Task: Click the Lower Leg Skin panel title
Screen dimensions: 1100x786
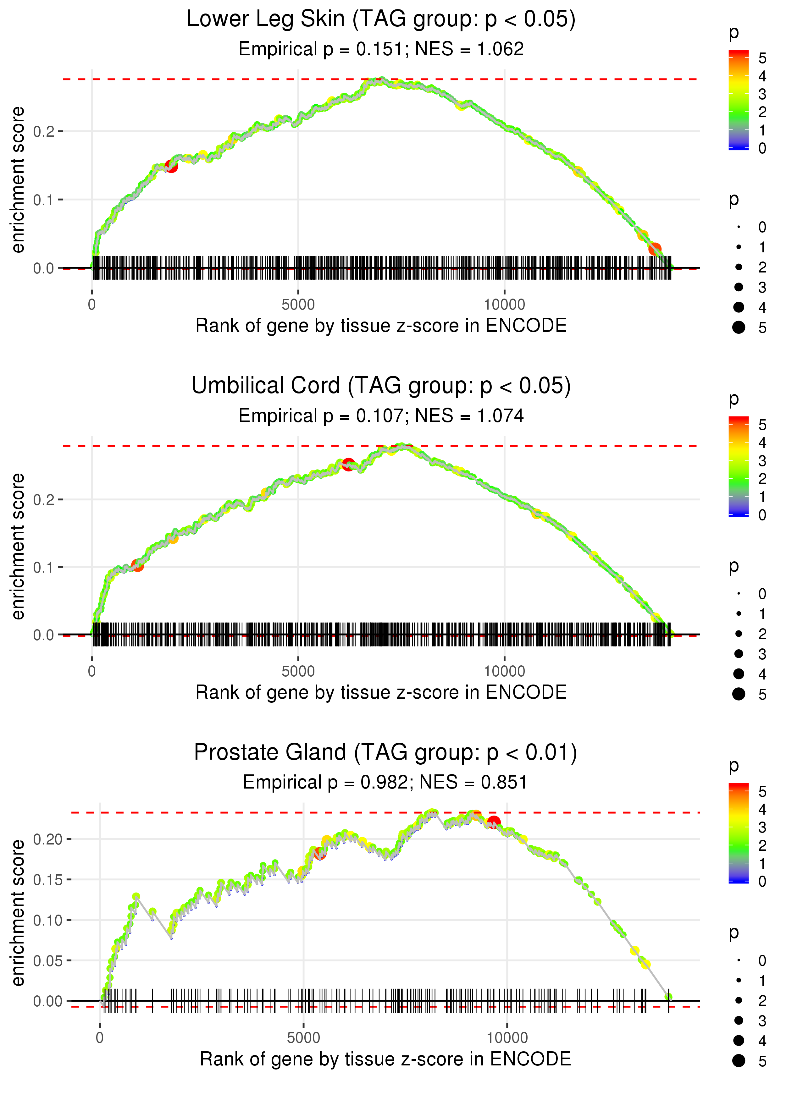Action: [x=381, y=19]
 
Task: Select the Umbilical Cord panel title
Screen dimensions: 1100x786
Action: [x=381, y=386]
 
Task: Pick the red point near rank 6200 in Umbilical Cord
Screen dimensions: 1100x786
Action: [x=348, y=465]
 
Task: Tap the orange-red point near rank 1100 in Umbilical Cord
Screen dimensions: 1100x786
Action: [x=137, y=564]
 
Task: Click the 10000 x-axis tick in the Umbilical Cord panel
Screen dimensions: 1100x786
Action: [x=504, y=671]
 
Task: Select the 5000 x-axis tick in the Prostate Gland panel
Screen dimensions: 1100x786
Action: [x=303, y=1038]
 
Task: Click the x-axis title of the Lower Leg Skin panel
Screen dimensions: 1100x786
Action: [x=381, y=326]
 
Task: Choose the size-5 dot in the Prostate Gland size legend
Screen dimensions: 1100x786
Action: [x=739, y=1061]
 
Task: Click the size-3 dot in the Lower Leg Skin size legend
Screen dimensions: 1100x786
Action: [x=739, y=287]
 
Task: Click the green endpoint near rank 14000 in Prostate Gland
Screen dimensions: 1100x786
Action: [x=668, y=997]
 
